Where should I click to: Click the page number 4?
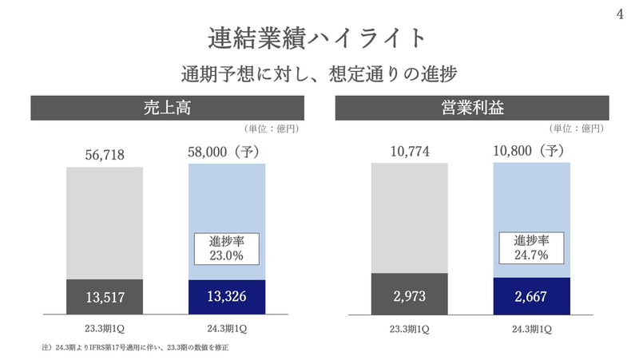tap(620, 13)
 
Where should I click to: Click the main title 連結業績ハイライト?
tap(319, 37)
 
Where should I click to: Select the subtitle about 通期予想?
tap(319, 73)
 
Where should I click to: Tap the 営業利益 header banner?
tap(471, 107)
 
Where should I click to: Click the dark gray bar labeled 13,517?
tap(105, 297)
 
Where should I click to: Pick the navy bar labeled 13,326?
tap(227, 297)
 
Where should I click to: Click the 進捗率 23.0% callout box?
tap(227, 248)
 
